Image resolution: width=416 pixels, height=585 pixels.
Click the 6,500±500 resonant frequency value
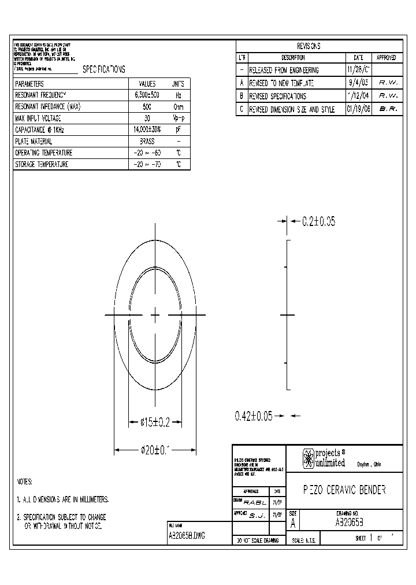147,94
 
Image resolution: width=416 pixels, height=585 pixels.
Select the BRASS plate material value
147,141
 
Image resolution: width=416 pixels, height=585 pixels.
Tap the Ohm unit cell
179,106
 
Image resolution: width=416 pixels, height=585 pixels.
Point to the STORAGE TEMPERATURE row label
42,165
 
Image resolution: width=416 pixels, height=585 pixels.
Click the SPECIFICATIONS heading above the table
104,69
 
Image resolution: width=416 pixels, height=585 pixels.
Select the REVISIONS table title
309,46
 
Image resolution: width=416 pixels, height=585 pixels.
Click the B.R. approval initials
388,109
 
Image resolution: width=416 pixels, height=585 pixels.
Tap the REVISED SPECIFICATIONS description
277,96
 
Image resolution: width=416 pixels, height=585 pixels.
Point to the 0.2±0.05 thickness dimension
318,221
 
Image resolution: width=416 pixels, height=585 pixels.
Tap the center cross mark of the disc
155,314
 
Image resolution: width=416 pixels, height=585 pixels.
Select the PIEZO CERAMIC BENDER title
344,490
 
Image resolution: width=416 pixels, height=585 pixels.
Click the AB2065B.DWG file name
186,536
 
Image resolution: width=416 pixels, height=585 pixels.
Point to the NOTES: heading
24,482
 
